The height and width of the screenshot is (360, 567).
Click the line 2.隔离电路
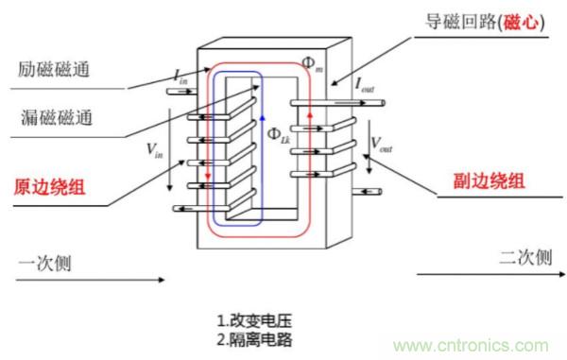coord(257,337)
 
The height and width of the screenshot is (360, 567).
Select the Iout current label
coord(365,84)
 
